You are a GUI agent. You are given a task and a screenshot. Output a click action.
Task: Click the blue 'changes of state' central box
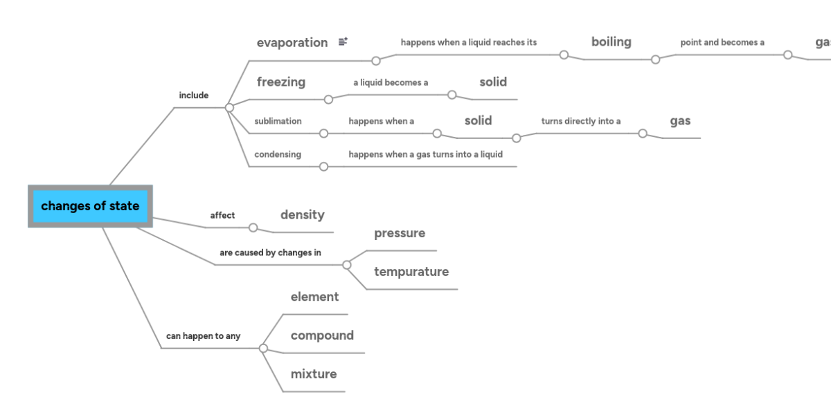click(x=90, y=206)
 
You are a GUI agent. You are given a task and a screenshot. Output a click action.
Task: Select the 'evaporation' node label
click(x=292, y=43)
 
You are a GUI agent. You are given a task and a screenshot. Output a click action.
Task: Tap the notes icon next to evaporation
click(x=343, y=42)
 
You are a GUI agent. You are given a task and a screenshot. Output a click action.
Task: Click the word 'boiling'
click(x=611, y=42)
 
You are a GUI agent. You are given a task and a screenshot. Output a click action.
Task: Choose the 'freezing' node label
click(x=280, y=82)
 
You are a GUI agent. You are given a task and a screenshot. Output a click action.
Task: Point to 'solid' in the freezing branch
click(x=493, y=82)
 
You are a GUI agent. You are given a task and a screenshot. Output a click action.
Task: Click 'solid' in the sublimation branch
click(x=478, y=121)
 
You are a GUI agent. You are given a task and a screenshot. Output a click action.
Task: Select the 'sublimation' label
click(x=278, y=121)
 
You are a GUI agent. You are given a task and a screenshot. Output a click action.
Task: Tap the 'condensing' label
click(x=277, y=154)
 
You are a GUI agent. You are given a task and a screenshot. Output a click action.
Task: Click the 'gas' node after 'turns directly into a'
click(x=680, y=121)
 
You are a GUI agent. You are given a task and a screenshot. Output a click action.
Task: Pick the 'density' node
click(x=302, y=215)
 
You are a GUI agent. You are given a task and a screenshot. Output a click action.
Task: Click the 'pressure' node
click(x=400, y=234)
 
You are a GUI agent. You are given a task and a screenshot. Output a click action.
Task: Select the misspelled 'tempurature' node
click(x=411, y=272)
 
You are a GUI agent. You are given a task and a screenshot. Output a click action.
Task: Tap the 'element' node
click(x=314, y=297)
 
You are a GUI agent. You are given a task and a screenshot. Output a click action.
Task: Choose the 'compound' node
click(x=322, y=335)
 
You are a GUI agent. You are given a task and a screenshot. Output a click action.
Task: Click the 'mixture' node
click(x=314, y=374)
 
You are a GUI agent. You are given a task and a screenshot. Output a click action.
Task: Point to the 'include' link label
click(x=193, y=95)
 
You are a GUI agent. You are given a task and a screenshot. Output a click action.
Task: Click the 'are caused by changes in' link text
click(x=270, y=252)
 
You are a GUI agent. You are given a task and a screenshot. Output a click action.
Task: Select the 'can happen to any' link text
click(x=203, y=336)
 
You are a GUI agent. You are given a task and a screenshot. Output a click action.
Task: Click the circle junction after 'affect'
click(x=253, y=228)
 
